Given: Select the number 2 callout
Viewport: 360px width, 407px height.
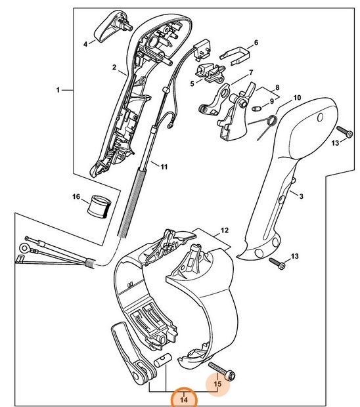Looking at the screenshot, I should (114, 68).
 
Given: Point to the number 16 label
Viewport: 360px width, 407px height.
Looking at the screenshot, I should (76, 197).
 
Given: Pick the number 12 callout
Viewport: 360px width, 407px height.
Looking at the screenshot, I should (223, 230).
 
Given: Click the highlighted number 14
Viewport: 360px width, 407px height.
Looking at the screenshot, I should (185, 398).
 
